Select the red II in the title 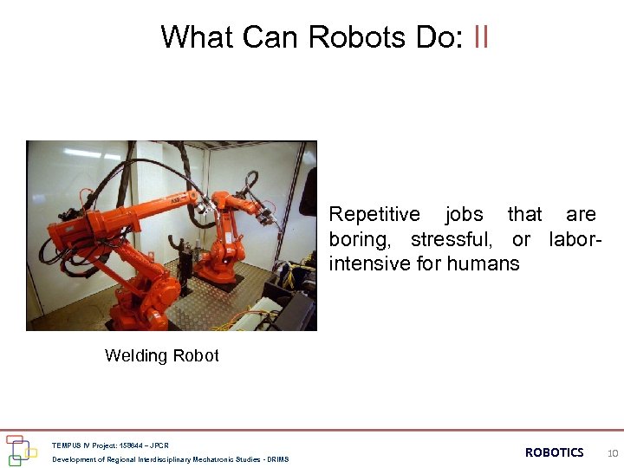(x=482, y=37)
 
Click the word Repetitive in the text (x=374, y=214)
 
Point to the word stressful (x=451, y=238)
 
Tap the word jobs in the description (x=464, y=214)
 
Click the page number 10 (x=613, y=452)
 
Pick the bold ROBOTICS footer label (x=555, y=452)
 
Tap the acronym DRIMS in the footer (x=278, y=459)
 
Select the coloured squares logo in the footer (x=21, y=450)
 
